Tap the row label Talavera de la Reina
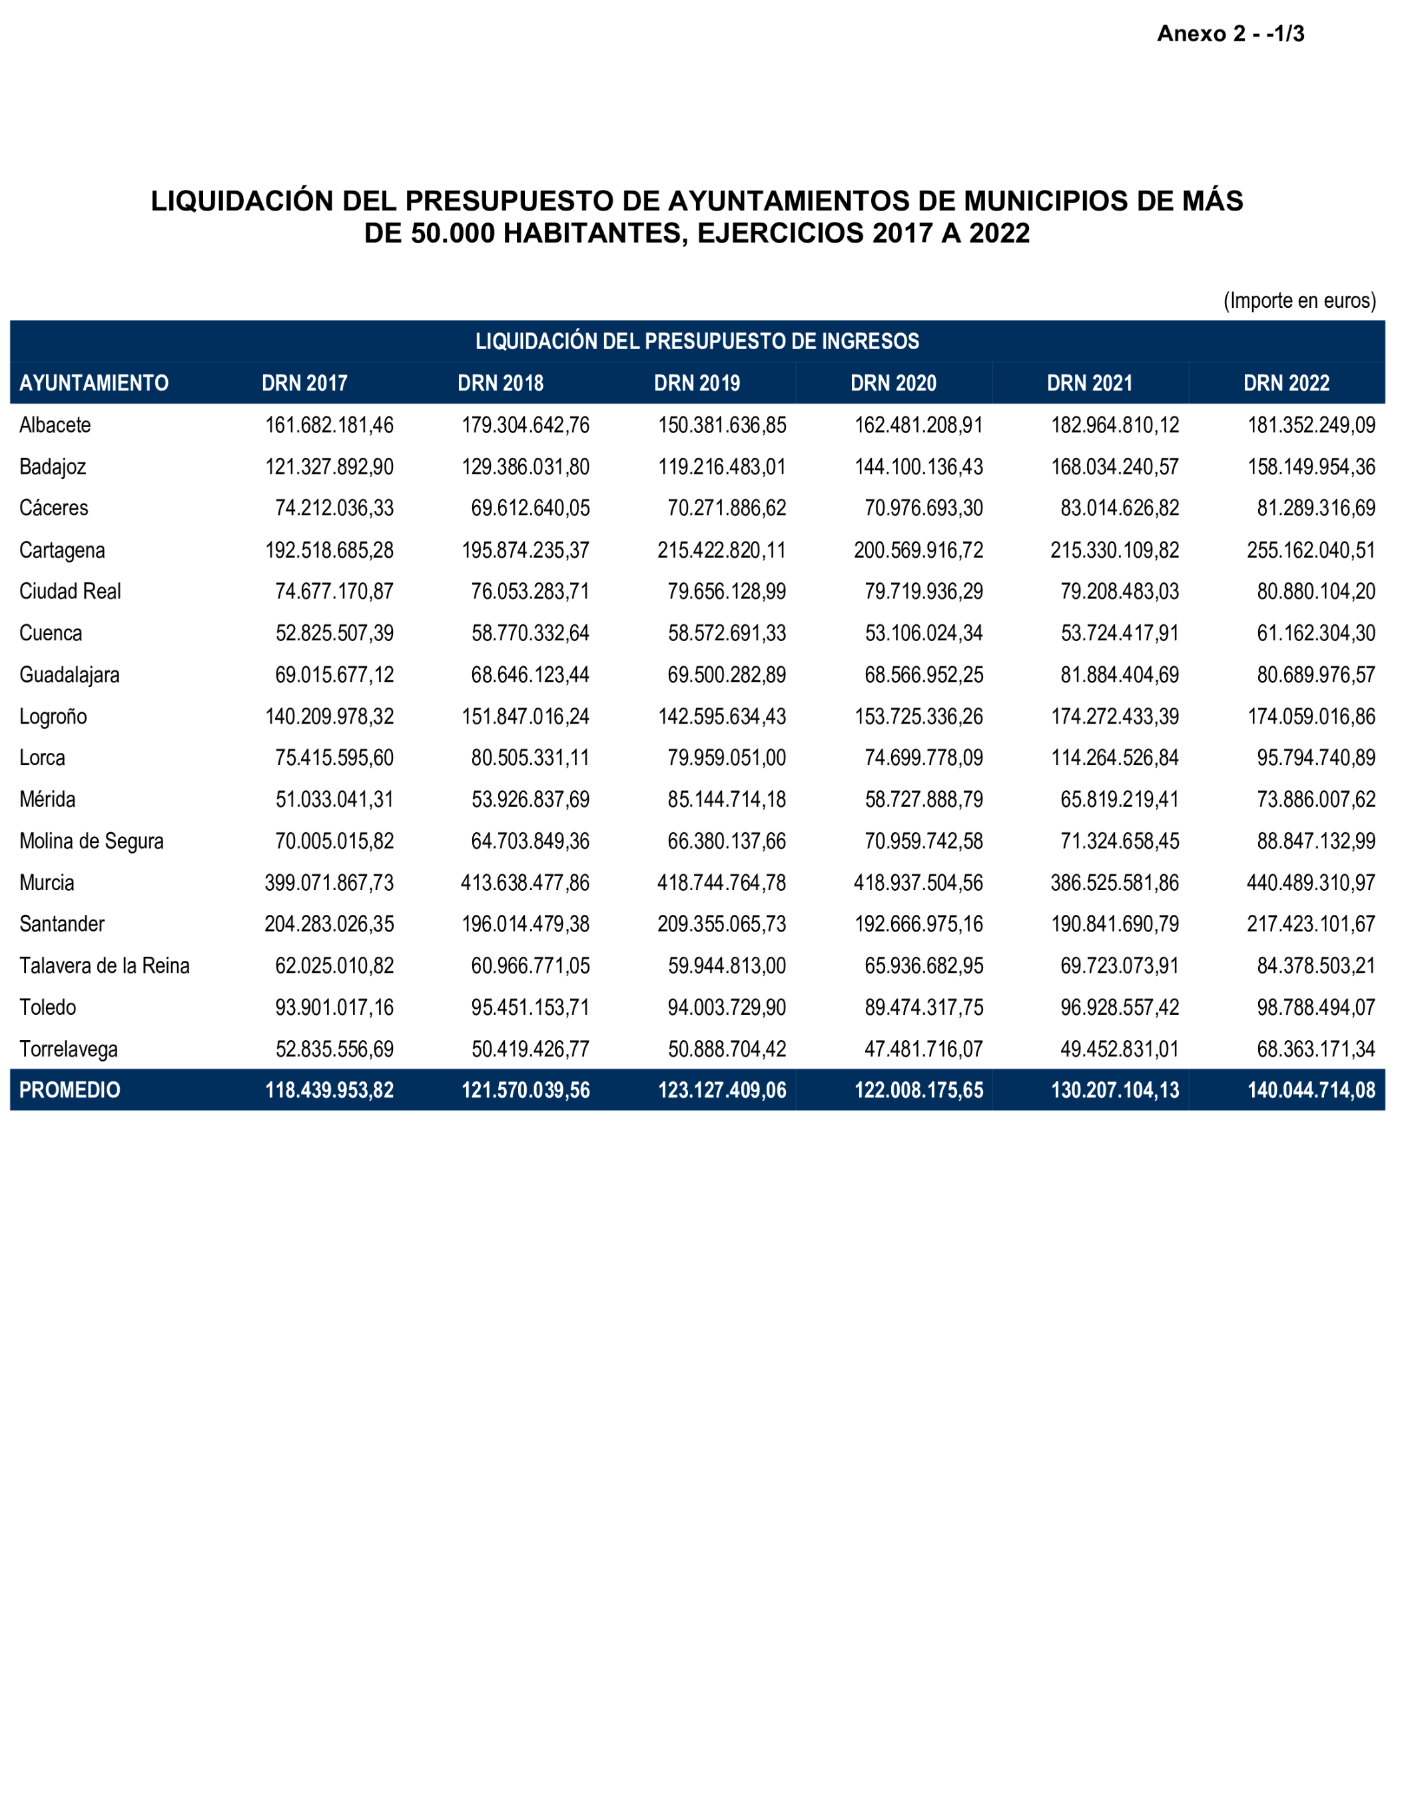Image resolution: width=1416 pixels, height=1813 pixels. click(x=105, y=965)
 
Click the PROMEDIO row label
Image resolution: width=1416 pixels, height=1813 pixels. click(x=70, y=1090)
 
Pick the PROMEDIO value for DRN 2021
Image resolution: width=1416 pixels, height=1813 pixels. click(x=1115, y=1090)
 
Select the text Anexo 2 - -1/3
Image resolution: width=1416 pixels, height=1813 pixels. click(x=1230, y=34)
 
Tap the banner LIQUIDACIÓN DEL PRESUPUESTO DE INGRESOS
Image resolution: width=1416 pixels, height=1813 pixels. click(x=697, y=341)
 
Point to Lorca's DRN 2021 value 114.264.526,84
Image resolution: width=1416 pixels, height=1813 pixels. click(x=1115, y=758)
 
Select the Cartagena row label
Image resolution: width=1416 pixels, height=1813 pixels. click(x=62, y=550)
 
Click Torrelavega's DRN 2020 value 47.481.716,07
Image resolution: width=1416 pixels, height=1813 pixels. click(x=923, y=1049)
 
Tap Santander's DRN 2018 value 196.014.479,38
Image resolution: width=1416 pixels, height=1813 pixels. click(x=526, y=924)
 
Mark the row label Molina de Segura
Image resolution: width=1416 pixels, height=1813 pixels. click(x=91, y=841)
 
